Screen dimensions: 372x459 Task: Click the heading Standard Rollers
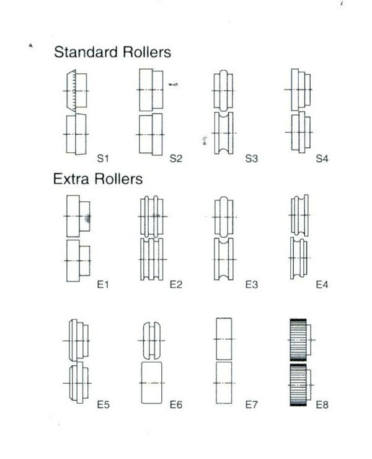tap(112, 52)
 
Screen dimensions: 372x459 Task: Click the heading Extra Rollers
tap(98, 178)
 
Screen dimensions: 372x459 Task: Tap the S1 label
tap(103, 158)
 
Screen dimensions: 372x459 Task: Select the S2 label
tap(176, 158)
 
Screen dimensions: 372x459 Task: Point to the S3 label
tap(251, 158)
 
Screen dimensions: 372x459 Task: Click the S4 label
tap(322, 158)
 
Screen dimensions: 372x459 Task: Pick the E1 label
tap(103, 284)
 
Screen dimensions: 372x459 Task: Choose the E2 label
tap(176, 284)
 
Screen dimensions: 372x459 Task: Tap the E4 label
tap(322, 284)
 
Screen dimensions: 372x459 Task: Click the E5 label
tap(103, 404)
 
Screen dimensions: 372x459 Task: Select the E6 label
tap(176, 404)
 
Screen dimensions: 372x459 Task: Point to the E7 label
tap(251, 404)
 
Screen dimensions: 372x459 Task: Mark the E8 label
tap(322, 404)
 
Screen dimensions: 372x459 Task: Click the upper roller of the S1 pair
tap(76, 91)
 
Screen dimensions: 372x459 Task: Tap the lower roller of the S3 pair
tap(224, 133)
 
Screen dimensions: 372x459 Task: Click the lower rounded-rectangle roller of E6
tap(152, 383)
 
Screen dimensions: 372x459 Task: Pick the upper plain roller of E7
tap(224, 339)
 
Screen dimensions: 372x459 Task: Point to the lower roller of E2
tap(152, 260)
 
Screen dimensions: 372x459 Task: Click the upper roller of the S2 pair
tap(151, 90)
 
